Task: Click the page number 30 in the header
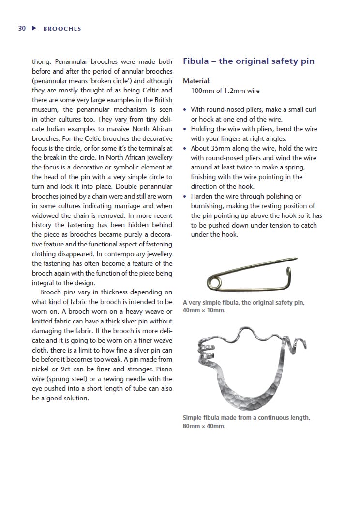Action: coord(22,28)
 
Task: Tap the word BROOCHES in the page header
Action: coord(62,29)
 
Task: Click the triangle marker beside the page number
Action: coord(34,28)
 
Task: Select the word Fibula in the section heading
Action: coord(196,61)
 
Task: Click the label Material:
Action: coord(196,81)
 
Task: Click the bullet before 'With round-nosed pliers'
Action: coord(185,110)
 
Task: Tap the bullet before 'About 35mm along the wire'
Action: coord(185,149)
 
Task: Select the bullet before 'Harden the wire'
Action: coord(185,197)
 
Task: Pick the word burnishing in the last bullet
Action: coord(207,206)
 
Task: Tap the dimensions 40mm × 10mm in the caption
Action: coord(204,310)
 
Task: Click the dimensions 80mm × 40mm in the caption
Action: coord(204,427)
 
